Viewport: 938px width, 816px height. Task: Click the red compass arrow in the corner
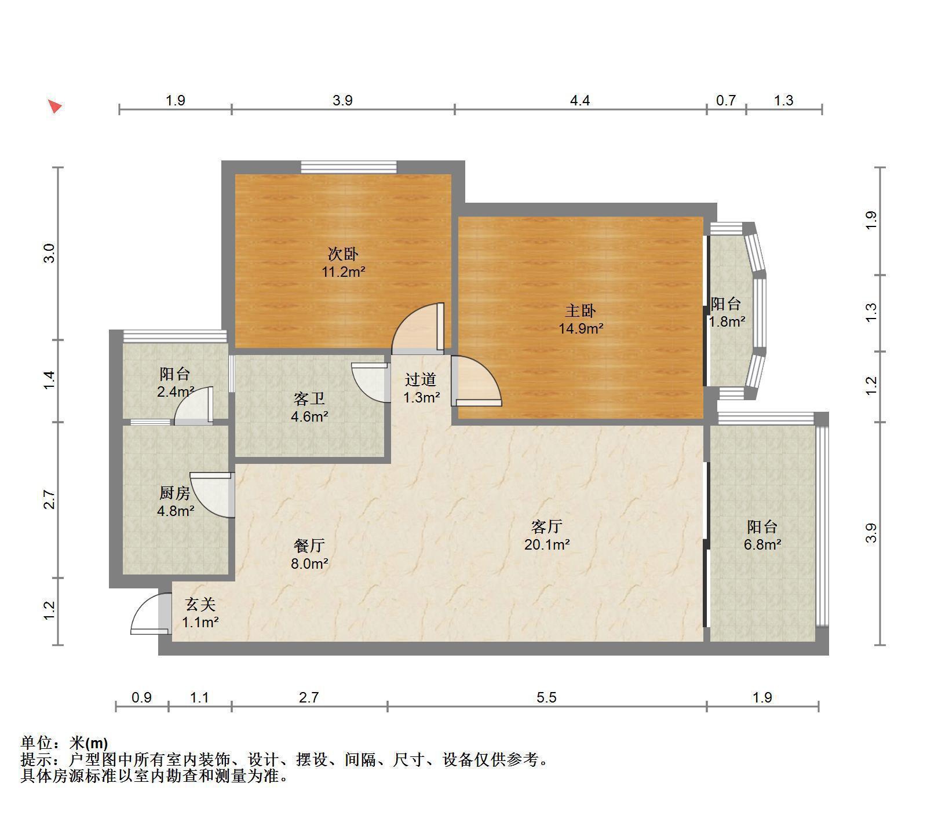coord(54,107)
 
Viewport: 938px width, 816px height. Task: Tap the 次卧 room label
coord(343,254)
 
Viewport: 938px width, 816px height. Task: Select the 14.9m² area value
coord(581,329)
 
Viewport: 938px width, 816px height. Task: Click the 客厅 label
coord(547,526)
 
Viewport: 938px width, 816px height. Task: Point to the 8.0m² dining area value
coord(310,563)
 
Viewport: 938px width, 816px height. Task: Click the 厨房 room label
coord(175,493)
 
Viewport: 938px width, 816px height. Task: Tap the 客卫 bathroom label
coord(309,398)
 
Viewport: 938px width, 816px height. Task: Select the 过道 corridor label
coord(421,379)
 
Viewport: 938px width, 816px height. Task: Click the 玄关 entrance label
coord(200,604)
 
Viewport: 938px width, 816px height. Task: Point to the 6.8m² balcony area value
coord(762,544)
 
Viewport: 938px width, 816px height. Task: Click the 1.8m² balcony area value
coord(727,321)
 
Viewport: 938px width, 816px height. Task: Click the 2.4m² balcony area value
coord(175,391)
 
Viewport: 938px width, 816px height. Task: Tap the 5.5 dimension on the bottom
coord(546,697)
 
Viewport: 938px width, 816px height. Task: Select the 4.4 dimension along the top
coord(580,101)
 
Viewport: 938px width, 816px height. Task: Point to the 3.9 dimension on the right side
coord(871,533)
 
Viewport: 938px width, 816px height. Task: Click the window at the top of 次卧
coord(349,167)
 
